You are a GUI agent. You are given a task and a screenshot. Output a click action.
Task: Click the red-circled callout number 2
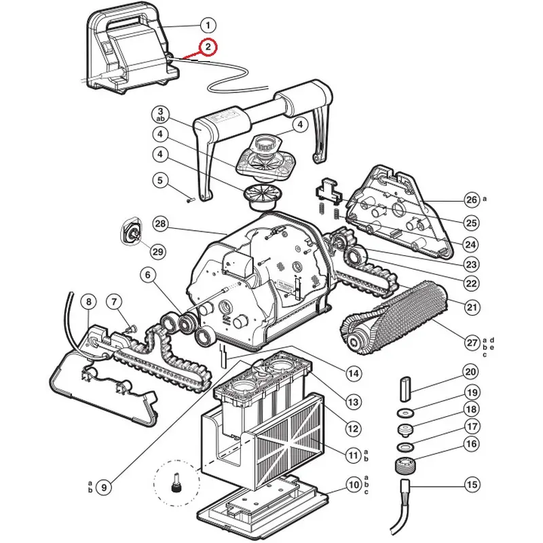[x=208, y=47]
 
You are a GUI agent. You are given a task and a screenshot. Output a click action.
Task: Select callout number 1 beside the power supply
[x=208, y=25]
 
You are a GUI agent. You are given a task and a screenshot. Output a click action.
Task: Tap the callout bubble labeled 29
[x=157, y=251]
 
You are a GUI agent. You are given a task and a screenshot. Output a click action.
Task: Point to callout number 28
[x=160, y=224]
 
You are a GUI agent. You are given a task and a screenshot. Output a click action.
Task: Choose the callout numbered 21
[x=472, y=307]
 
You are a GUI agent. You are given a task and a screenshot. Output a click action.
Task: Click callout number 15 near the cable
[x=472, y=485]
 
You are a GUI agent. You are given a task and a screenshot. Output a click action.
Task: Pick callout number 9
[x=104, y=487]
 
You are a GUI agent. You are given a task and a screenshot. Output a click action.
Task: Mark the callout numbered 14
[x=354, y=373]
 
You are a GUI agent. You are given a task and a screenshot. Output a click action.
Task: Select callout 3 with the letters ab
[x=160, y=115]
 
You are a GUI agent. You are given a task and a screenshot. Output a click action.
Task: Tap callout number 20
[x=470, y=372]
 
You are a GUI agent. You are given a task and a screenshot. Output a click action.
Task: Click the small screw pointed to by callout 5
[x=191, y=200]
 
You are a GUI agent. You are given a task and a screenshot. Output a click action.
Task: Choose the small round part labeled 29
[x=131, y=231]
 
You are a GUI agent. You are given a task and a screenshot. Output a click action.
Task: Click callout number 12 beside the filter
[x=353, y=429]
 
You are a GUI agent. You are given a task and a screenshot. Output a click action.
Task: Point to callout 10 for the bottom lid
[x=354, y=485]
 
